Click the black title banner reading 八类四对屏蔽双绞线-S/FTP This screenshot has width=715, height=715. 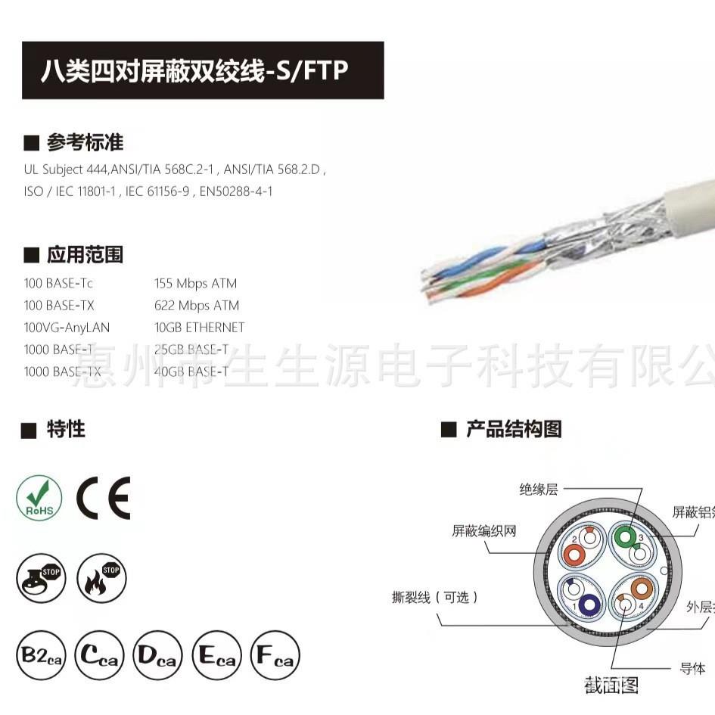[203, 70]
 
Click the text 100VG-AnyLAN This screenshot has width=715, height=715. [67, 328]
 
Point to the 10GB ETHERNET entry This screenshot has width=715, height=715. [199, 328]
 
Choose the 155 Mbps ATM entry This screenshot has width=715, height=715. [195, 284]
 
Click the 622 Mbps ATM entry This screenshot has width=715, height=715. [196, 306]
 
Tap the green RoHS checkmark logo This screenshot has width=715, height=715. [39, 498]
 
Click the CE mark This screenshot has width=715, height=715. [104, 498]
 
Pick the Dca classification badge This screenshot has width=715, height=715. [158, 656]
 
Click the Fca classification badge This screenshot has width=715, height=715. [275, 656]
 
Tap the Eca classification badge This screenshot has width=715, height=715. [216, 656]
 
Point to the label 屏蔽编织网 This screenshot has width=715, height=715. [483, 531]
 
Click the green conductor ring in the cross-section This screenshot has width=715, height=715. [624, 537]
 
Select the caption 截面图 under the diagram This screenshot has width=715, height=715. [611, 685]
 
